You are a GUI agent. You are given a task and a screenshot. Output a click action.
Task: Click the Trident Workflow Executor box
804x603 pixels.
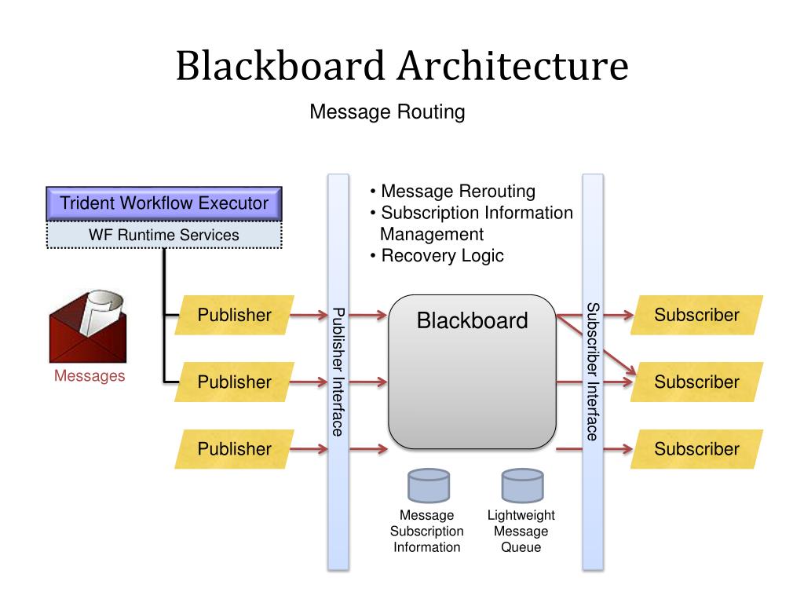coord(164,203)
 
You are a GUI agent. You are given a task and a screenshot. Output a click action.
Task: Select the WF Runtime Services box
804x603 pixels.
coord(164,235)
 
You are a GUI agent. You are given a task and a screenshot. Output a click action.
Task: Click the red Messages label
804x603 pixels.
coord(90,376)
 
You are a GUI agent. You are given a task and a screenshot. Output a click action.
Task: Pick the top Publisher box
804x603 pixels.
coord(234,315)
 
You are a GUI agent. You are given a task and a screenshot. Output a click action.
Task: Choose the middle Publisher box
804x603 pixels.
coord(234,382)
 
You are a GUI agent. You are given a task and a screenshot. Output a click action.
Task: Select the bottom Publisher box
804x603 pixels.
coord(234,448)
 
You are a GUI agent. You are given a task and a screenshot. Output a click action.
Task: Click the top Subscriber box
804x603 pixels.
coord(697,315)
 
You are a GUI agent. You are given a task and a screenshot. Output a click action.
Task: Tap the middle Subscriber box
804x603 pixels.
coord(697,382)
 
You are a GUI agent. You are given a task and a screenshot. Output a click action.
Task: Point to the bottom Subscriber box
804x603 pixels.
coord(697,448)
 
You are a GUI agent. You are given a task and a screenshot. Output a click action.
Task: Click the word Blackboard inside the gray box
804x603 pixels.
coord(472,320)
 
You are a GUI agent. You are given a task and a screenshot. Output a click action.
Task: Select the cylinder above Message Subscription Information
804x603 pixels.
coord(429,485)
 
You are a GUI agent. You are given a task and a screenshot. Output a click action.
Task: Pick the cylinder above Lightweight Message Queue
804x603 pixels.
coord(522,485)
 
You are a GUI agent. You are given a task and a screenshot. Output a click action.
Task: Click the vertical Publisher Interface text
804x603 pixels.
coord(338,371)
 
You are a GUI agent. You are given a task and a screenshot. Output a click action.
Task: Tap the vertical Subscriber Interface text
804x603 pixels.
coord(593,371)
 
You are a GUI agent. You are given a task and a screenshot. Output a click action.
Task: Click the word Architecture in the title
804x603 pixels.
coord(513,66)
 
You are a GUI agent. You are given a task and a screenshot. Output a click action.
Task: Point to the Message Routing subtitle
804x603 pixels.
coord(387,111)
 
